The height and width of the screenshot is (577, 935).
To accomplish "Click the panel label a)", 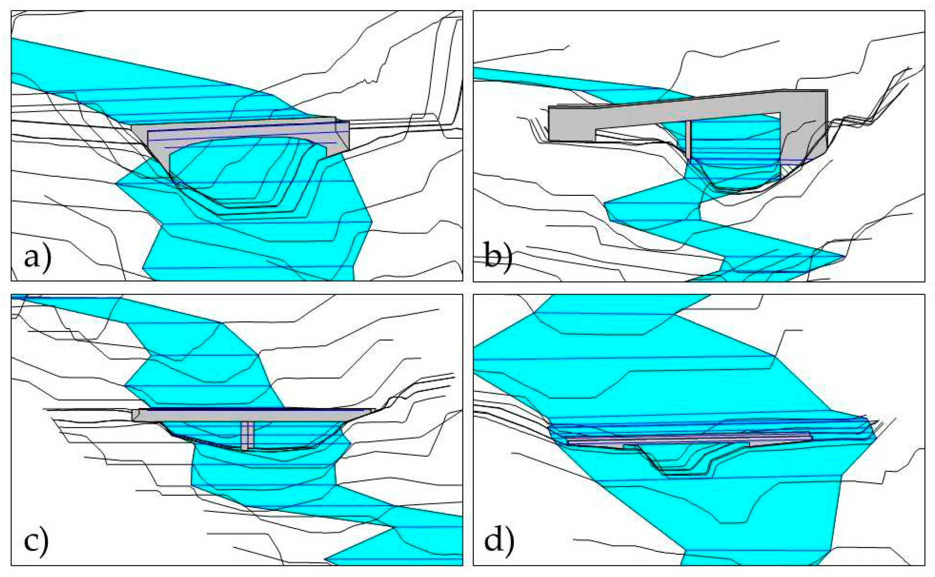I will (37, 258).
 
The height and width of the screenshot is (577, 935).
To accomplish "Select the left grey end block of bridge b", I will (571, 124).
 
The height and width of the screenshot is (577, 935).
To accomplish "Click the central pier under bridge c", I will (247, 435).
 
